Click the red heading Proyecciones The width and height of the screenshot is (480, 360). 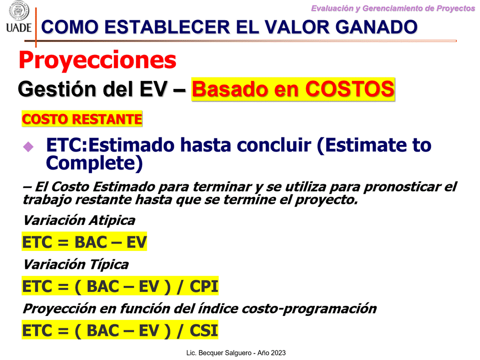click(x=97, y=60)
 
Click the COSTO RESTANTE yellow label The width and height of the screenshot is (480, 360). click(x=82, y=119)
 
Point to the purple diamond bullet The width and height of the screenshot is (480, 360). click(x=28, y=146)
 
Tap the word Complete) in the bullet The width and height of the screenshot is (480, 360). click(x=94, y=163)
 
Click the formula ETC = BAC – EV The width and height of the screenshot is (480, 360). click(x=84, y=242)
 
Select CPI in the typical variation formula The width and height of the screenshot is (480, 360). click(x=204, y=286)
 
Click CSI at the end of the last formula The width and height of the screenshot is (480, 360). click(x=204, y=330)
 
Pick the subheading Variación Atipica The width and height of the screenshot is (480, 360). click(x=79, y=220)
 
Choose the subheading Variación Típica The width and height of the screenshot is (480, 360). click(x=76, y=264)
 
